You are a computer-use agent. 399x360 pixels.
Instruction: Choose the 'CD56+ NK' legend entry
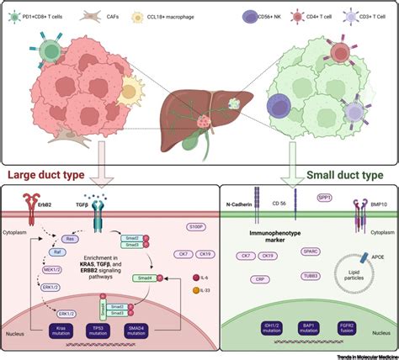(x=252, y=14)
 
